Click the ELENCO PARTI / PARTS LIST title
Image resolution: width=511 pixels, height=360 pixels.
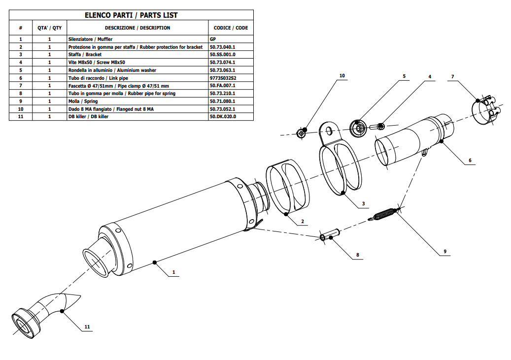point(132,15)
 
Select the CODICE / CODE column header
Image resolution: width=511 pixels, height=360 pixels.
point(231,28)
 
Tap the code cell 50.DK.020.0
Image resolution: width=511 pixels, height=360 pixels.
point(223,117)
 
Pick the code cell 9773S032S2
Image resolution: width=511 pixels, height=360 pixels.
point(223,78)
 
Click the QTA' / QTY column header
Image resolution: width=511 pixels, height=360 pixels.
point(49,28)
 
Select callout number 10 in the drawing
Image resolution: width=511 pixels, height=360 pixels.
point(342,76)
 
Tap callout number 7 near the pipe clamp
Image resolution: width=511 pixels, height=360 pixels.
point(452,76)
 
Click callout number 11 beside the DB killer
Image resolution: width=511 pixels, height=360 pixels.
point(87,327)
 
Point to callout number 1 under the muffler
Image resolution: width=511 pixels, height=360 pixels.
point(173,272)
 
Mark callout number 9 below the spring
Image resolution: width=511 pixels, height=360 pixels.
point(444,252)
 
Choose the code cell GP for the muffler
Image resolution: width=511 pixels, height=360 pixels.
point(212,38)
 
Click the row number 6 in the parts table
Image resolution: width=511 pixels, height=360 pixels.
point(20,78)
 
